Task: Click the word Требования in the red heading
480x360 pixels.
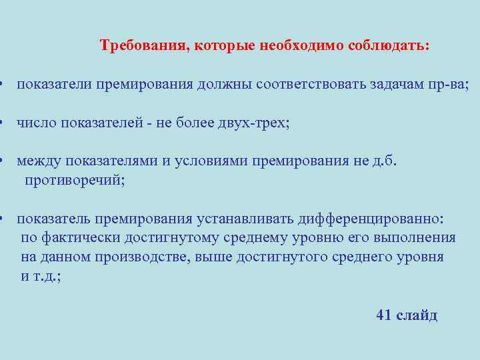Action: pyautogui.click(x=142, y=46)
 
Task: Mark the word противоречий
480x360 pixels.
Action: pyautogui.click(x=73, y=181)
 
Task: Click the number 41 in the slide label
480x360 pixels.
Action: pyautogui.click(x=384, y=315)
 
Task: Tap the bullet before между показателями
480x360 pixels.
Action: pyautogui.click(x=3, y=162)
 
